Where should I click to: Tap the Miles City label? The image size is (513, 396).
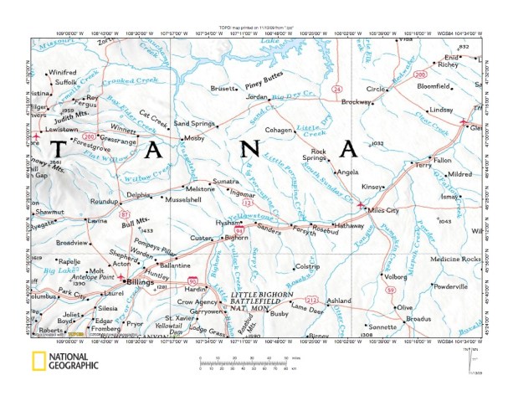[386, 208]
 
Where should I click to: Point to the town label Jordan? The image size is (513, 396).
[256, 96]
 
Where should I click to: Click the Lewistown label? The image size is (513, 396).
[61, 131]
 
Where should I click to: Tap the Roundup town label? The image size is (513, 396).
[105, 202]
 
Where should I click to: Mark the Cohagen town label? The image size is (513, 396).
[280, 131]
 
